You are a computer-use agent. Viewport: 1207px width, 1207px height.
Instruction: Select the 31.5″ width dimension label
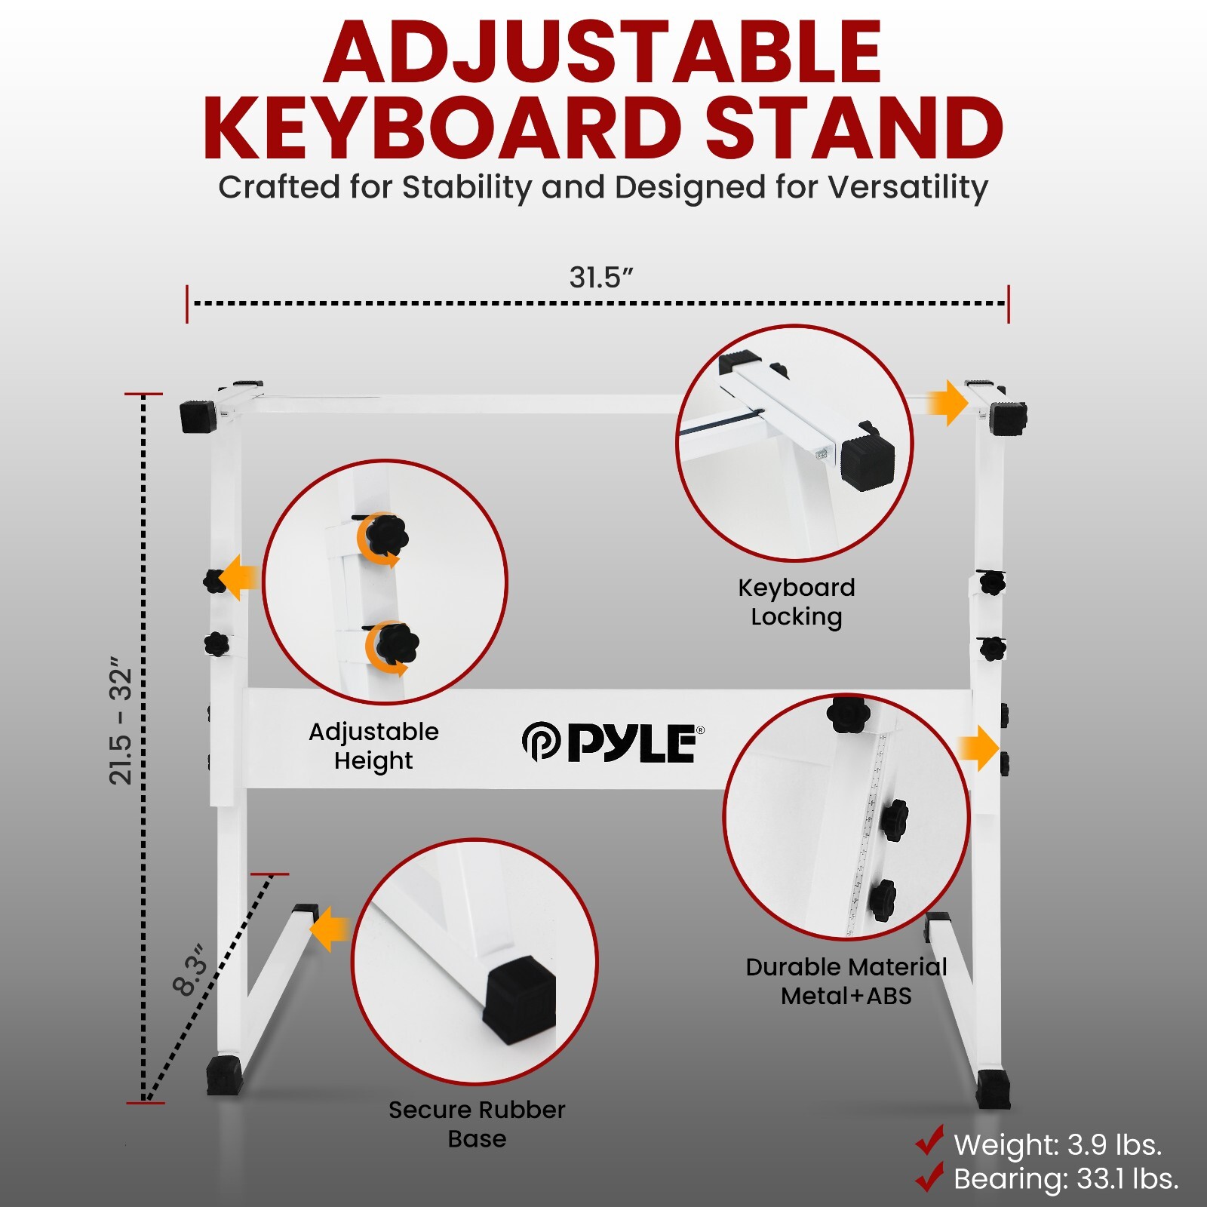[x=600, y=278]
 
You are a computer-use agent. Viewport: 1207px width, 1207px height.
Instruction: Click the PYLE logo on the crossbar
[x=613, y=742]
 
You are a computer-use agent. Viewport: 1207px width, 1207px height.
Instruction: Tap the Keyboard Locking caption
[x=797, y=602]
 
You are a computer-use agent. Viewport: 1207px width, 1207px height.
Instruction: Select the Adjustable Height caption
[x=373, y=745]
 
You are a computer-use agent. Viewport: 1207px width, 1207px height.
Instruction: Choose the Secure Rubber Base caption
[x=477, y=1124]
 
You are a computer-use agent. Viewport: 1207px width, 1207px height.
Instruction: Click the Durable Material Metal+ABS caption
[x=846, y=981]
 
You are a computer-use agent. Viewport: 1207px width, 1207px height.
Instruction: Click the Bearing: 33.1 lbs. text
[x=1066, y=1179]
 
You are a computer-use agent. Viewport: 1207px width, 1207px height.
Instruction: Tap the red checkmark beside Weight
[x=930, y=1141]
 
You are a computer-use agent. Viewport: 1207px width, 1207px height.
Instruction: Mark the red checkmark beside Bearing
[x=930, y=1176]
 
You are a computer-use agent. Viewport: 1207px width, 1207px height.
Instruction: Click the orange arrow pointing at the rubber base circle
[x=330, y=929]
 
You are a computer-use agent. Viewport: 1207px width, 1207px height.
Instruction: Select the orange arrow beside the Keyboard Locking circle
[x=947, y=403]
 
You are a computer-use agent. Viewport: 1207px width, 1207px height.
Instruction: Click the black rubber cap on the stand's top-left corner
[x=198, y=416]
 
